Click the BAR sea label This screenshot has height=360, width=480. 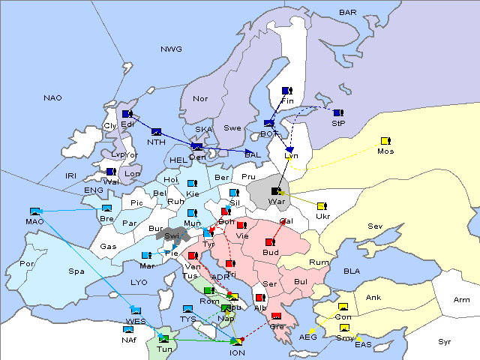[x=348, y=13]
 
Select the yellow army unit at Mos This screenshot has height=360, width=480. [x=385, y=141]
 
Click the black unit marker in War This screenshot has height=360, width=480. [x=277, y=192]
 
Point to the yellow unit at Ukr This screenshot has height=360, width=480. [x=322, y=206]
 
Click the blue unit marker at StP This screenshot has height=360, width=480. [x=338, y=113]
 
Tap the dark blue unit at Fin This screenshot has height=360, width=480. [x=286, y=91]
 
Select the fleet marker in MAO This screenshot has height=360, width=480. [x=34, y=211]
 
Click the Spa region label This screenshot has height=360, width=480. [x=76, y=271]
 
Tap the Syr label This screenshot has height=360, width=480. [x=445, y=341]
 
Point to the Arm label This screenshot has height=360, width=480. [x=462, y=300]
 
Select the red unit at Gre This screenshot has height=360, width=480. [x=277, y=316]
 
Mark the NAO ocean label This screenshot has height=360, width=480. [x=52, y=98]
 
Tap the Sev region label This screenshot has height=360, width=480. [x=375, y=226]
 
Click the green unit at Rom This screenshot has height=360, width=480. [x=208, y=291]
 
